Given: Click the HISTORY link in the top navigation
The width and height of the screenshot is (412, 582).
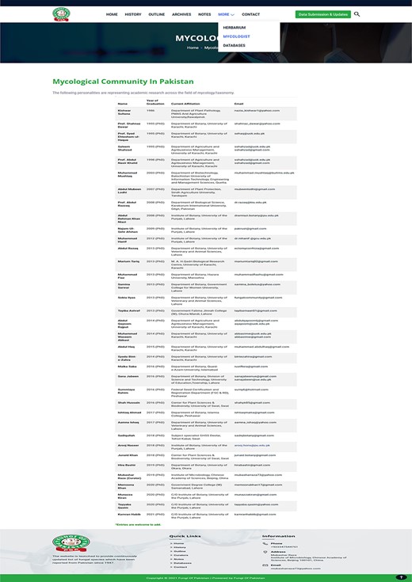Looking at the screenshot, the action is pyautogui.click(x=133, y=14).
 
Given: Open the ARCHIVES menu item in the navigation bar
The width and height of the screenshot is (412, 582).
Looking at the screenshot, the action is pyautogui.click(x=181, y=14).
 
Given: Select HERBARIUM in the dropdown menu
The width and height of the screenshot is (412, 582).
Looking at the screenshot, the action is pyautogui.click(x=235, y=28).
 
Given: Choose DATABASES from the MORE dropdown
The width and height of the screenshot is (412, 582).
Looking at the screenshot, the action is pyautogui.click(x=234, y=45).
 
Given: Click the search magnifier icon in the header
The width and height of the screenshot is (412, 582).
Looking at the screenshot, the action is pyautogui.click(x=357, y=14).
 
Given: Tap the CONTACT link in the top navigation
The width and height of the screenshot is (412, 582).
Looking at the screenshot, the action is pyautogui.click(x=250, y=14).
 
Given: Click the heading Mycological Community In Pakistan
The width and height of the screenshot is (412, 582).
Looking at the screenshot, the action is pyautogui.click(x=123, y=82).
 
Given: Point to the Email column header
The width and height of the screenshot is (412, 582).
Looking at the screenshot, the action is pyautogui.click(x=238, y=104).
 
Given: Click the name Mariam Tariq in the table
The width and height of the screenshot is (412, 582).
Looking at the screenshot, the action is pyautogui.click(x=129, y=261).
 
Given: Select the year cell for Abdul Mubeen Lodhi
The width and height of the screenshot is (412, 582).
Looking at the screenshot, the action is pyautogui.click(x=155, y=189).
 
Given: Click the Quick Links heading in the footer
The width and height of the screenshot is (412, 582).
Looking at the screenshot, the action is pyautogui.click(x=185, y=536).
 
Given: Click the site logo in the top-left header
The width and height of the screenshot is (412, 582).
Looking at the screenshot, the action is pyautogui.click(x=61, y=14).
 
